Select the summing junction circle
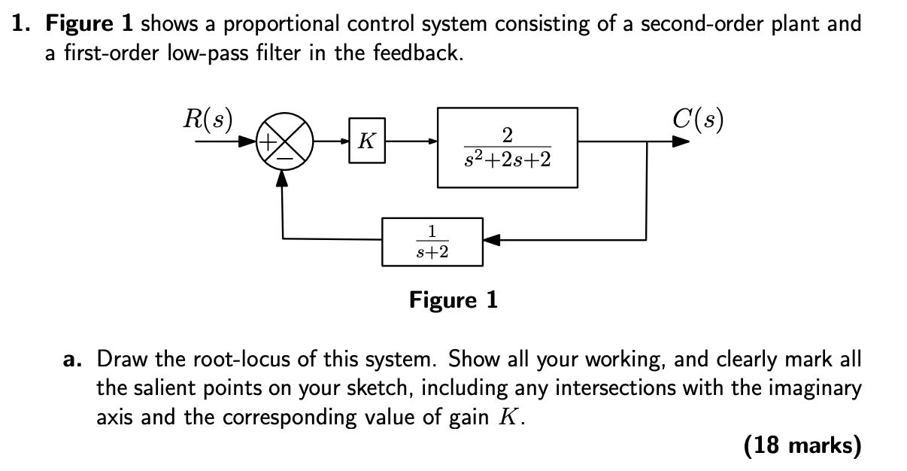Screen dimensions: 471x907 284,141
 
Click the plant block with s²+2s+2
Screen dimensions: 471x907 507,147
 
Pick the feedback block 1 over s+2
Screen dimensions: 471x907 432,242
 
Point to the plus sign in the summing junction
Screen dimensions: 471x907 268,140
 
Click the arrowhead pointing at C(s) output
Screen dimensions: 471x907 681,141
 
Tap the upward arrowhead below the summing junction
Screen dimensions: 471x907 283,177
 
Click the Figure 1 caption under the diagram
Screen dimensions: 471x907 453,301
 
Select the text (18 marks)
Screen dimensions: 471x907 801,446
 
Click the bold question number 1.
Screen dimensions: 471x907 21,24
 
